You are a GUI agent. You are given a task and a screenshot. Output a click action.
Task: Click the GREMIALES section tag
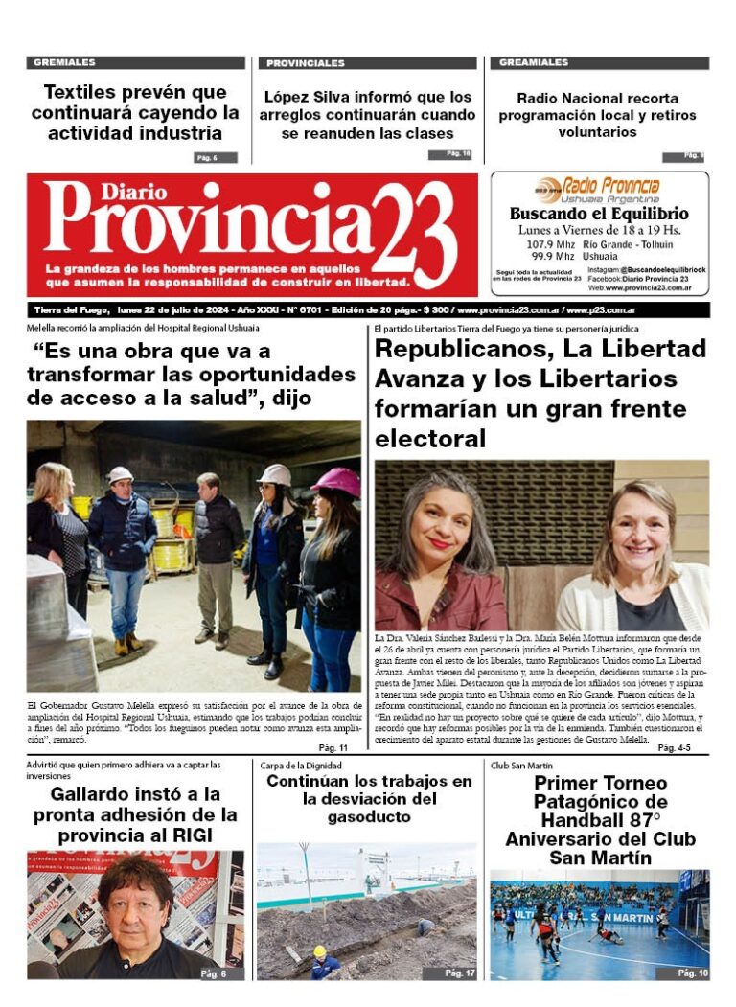click(x=64, y=63)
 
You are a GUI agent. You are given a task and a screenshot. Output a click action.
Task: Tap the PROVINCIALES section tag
click(x=306, y=63)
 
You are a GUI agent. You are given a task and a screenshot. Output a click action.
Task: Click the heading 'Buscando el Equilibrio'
click(x=599, y=214)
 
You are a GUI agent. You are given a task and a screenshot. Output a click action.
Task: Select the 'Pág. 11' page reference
click(x=333, y=747)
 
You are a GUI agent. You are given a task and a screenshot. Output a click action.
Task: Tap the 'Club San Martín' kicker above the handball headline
click(x=522, y=766)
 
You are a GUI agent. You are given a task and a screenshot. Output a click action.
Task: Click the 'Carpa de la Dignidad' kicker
click(x=298, y=766)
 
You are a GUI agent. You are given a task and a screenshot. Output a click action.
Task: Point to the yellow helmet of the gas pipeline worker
click(x=319, y=950)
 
